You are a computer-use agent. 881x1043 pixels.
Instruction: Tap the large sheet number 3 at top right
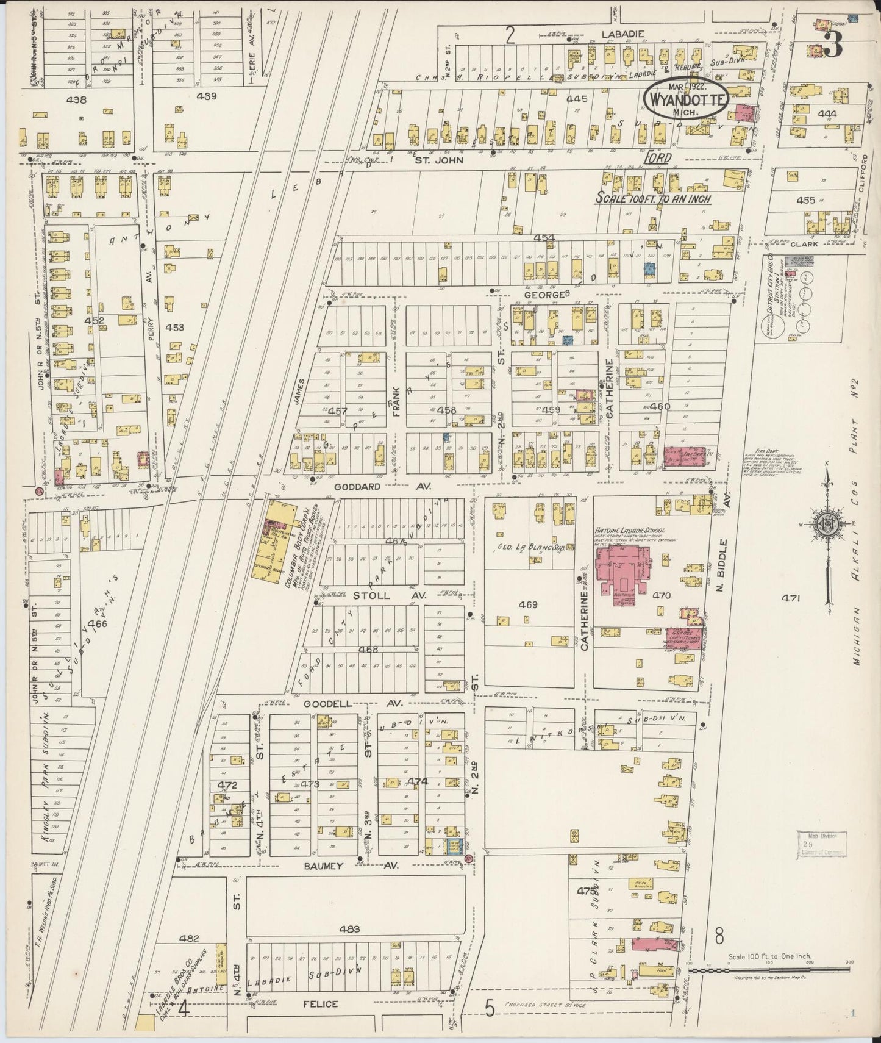click(x=833, y=44)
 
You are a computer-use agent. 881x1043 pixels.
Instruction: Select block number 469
click(x=528, y=604)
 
